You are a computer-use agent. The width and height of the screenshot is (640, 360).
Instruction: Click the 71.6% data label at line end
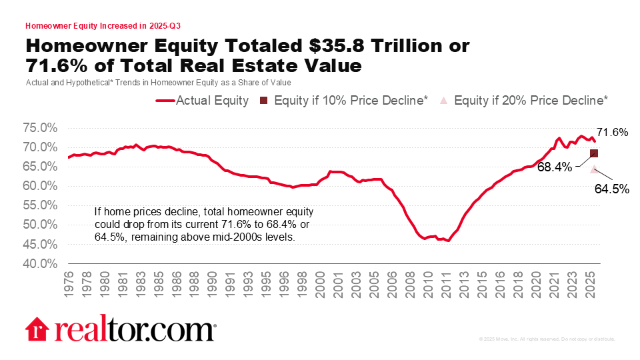point(612,132)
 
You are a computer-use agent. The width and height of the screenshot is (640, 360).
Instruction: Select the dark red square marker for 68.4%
point(594,153)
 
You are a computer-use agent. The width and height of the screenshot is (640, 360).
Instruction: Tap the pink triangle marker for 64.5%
point(594,169)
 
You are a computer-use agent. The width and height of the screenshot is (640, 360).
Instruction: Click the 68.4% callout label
point(555,167)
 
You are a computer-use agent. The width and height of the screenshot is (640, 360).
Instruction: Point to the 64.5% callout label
point(612,189)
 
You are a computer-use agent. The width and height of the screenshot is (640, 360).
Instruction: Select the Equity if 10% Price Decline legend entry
point(344,101)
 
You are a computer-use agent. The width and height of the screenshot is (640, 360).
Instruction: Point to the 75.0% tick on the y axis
point(41,128)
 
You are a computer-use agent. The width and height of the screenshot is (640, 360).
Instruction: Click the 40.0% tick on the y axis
point(41,263)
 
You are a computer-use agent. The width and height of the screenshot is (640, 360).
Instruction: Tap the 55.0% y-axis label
point(41,205)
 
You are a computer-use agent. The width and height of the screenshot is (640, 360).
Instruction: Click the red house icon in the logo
point(37,330)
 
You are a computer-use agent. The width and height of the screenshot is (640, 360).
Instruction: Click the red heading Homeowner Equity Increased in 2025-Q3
point(103,26)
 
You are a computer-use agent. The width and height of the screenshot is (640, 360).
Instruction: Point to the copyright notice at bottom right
point(547,339)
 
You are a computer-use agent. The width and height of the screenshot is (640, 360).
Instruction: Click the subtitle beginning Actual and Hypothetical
point(154,82)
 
